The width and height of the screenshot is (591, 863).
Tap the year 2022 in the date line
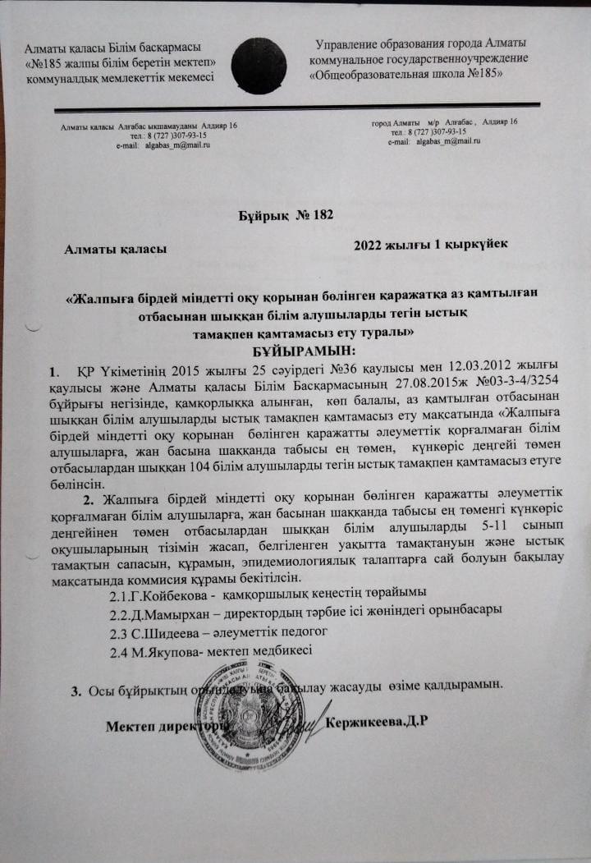368,245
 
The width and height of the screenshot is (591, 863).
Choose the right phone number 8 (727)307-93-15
429,131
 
